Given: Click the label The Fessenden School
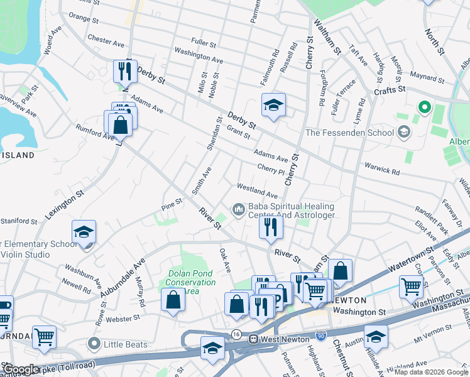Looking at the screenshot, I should coord(349,133).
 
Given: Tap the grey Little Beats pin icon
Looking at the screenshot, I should coord(94,344).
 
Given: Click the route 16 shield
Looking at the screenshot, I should coord(236,334).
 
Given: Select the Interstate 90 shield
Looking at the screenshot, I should coord(322,339).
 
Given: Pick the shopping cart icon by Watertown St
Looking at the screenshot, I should coord(411,286).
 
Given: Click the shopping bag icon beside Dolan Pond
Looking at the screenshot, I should coord(173,299).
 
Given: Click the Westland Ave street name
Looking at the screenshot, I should coord(256,191).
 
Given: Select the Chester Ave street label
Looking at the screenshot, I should coord(106,41).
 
